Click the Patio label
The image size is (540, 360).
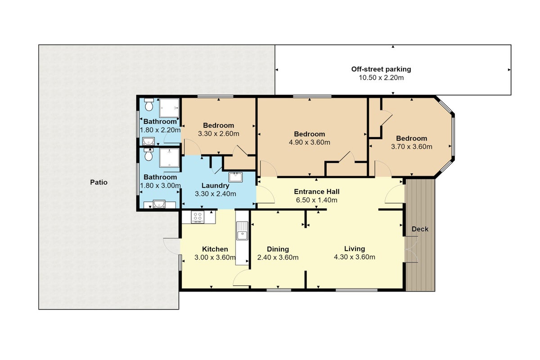tap(99, 182)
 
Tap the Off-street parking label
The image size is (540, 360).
tap(381, 69)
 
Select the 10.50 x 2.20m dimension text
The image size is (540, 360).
tap(381, 78)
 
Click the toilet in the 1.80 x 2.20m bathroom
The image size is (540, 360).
tap(149, 105)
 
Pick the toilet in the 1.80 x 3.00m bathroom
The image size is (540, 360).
tap(148, 154)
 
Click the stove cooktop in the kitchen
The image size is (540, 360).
tap(198, 217)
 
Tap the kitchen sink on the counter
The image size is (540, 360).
tap(242, 231)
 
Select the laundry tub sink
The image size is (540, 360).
tap(235, 177)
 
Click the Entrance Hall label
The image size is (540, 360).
tap(316, 192)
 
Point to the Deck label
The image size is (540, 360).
tap(420, 229)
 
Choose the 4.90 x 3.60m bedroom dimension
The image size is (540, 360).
tap(309, 142)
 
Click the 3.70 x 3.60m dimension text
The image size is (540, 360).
tap(411, 147)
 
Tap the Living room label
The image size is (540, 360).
tap(355, 248)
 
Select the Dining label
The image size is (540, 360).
tap(278, 249)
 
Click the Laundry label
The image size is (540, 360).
tap(215, 185)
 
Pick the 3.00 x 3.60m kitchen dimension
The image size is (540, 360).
tap(215, 257)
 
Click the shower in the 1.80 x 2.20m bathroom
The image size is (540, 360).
tap(169, 108)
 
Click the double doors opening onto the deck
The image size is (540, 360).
tap(411, 249)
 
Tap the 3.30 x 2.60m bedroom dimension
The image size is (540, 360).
tap(218, 134)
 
